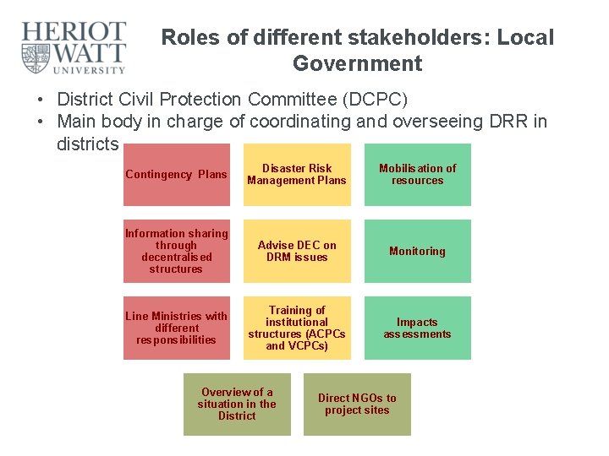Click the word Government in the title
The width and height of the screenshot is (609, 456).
tap(357, 63)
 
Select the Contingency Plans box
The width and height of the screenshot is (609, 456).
tap(176, 174)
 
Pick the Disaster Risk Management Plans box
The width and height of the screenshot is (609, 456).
tap(297, 174)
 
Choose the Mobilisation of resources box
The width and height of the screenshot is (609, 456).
tap(417, 174)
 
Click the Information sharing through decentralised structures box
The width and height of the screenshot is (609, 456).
tap(176, 251)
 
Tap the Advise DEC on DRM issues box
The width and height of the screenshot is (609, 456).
tap(297, 251)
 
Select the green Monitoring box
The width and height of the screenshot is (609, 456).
tap(417, 251)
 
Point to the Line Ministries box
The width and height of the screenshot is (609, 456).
tap(176, 328)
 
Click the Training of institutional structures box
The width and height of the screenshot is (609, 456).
tap(297, 328)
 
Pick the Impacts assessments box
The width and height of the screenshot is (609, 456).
tap(417, 328)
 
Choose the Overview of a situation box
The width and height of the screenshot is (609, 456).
tap(237, 404)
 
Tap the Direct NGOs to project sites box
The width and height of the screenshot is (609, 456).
tap(357, 404)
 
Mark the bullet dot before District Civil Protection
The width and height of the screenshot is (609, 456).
tap(40, 100)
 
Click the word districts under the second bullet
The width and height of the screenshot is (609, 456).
tap(87, 144)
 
